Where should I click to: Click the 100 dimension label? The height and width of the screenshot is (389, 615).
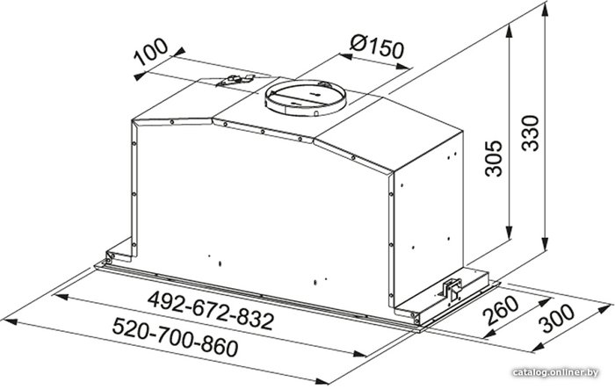coord(150,51)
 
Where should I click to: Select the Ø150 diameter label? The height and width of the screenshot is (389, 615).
coord(377,46)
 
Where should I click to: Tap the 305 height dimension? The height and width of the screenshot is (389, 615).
coord(494,158)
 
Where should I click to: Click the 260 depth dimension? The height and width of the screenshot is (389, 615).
coord(499,311)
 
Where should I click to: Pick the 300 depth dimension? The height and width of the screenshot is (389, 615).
coord(556,318)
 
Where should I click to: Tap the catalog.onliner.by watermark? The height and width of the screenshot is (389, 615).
coord(555,372)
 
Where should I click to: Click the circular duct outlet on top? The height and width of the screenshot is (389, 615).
coord(306,98)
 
